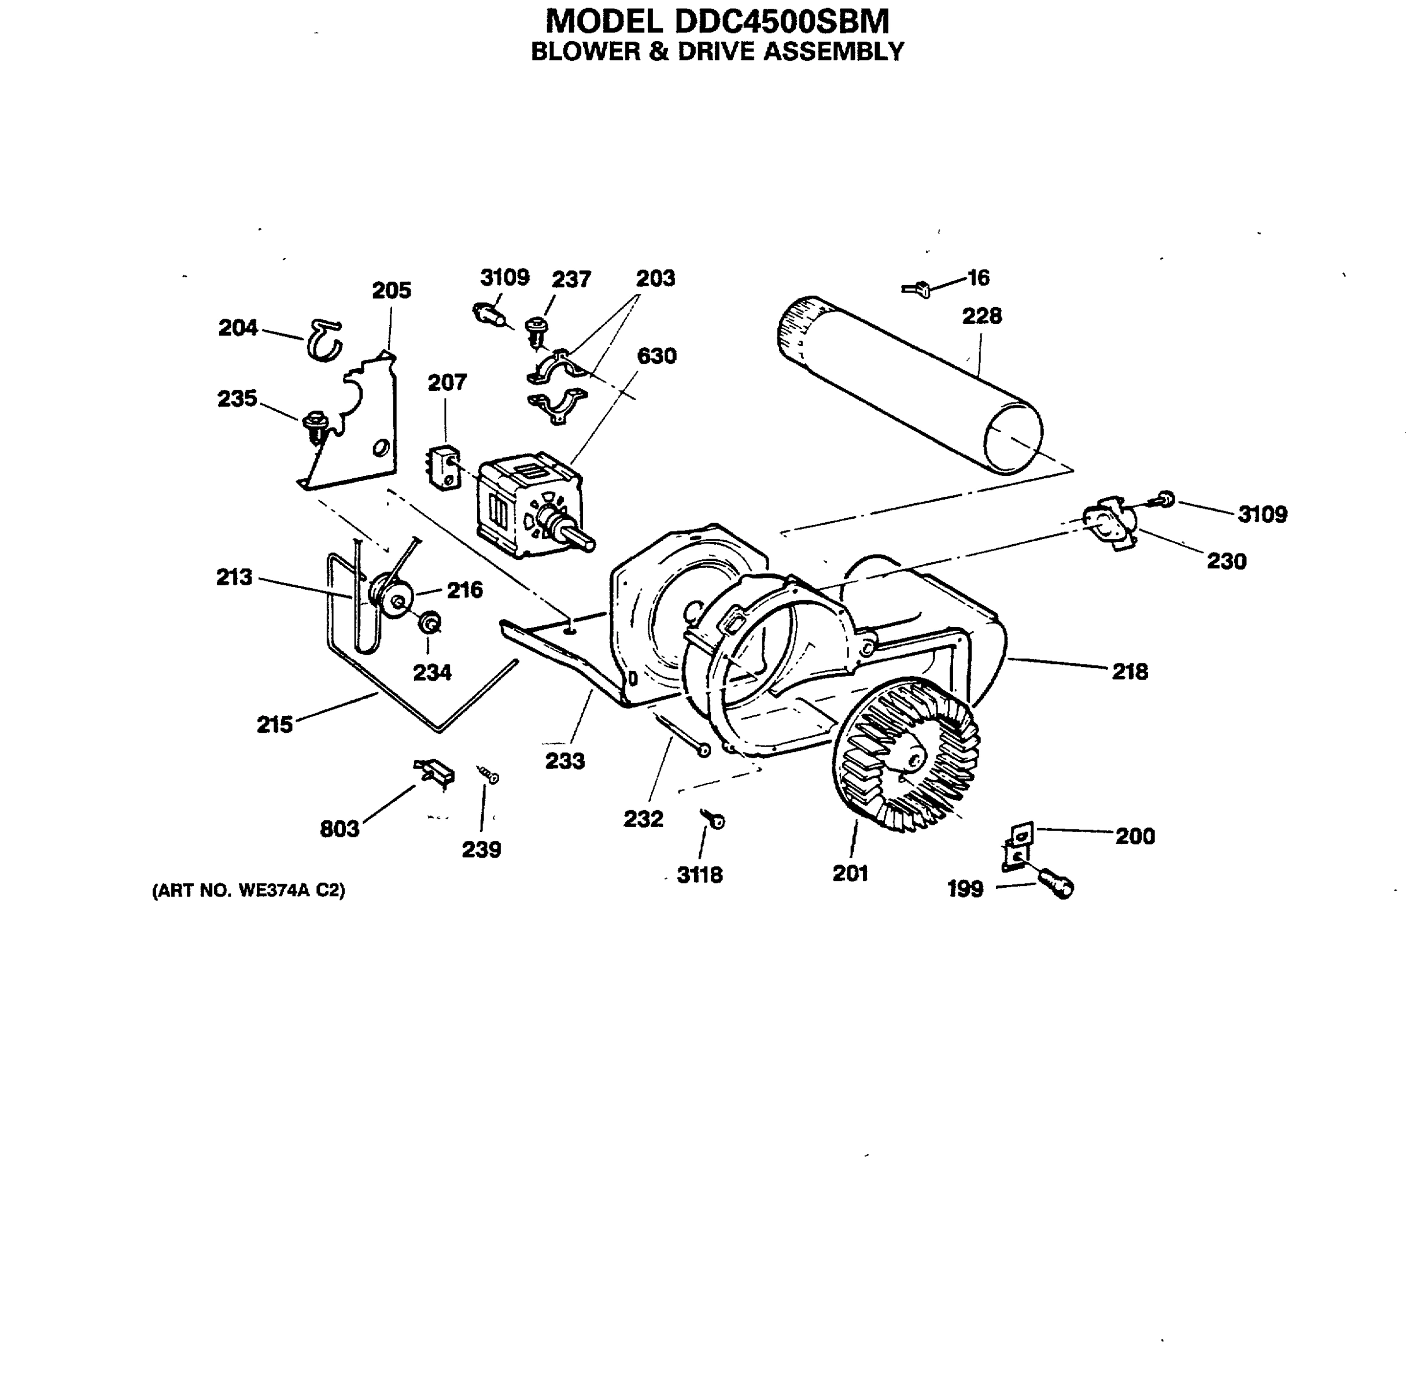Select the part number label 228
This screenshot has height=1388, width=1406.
(981, 316)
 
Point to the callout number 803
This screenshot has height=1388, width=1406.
(339, 828)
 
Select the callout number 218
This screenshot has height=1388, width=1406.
(1129, 671)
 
